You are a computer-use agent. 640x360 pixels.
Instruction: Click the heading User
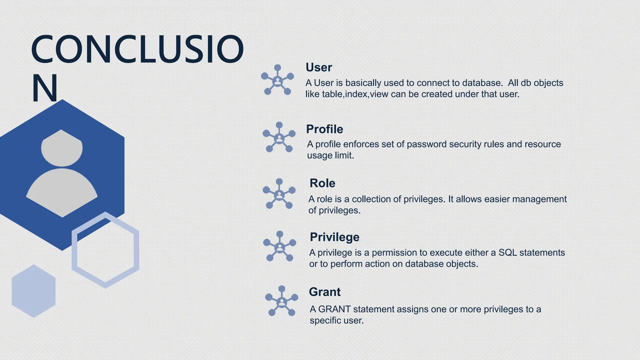(x=318, y=67)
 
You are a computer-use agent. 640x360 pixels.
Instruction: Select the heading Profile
(x=324, y=129)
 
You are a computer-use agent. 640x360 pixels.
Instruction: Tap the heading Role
(x=322, y=183)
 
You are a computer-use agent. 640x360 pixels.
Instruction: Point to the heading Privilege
(x=334, y=237)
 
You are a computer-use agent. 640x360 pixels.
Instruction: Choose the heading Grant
(x=324, y=292)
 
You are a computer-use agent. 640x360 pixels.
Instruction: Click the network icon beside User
(x=277, y=80)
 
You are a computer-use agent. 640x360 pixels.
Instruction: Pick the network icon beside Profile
(x=279, y=137)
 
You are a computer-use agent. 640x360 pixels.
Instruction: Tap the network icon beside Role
(x=279, y=194)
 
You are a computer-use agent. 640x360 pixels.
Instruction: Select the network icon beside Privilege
(x=280, y=247)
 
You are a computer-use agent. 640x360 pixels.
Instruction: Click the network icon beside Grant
(x=282, y=301)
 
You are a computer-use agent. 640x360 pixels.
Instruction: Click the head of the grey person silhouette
(x=62, y=148)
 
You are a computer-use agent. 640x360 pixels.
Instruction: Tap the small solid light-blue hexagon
(x=34, y=291)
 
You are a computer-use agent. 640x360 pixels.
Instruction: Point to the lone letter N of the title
(x=45, y=88)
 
